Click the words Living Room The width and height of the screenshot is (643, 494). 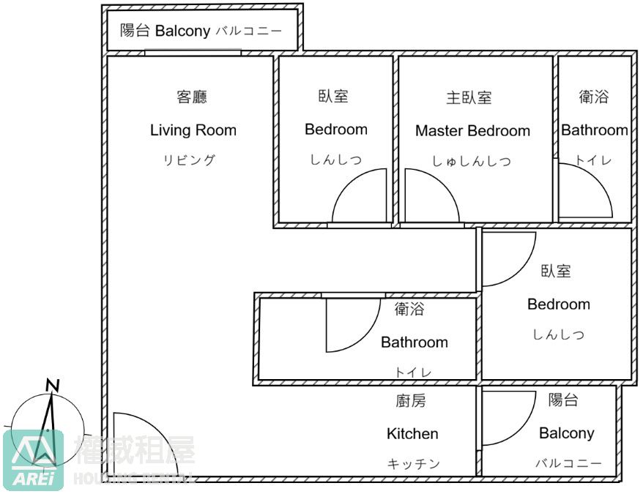coord(193,130)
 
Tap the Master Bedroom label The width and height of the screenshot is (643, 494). coord(472,131)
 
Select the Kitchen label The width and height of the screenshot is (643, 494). coord(412,434)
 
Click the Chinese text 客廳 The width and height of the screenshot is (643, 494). coord(192,97)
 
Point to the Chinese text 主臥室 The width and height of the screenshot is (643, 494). coord(469,97)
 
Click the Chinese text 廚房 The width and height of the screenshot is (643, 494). coord(411,400)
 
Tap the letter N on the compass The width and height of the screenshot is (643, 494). coord(53,386)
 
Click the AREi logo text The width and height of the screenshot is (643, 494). coord(33,479)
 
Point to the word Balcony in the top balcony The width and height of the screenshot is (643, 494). coord(182,31)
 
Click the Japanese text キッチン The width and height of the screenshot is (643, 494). coord(413,464)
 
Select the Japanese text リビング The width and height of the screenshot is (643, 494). coord(189,160)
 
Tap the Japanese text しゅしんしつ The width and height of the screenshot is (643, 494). coord(472,161)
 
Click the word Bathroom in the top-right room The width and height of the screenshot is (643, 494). coord(594,130)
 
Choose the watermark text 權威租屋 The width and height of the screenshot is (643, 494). coord(135,450)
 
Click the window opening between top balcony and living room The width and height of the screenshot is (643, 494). coord(193,53)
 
